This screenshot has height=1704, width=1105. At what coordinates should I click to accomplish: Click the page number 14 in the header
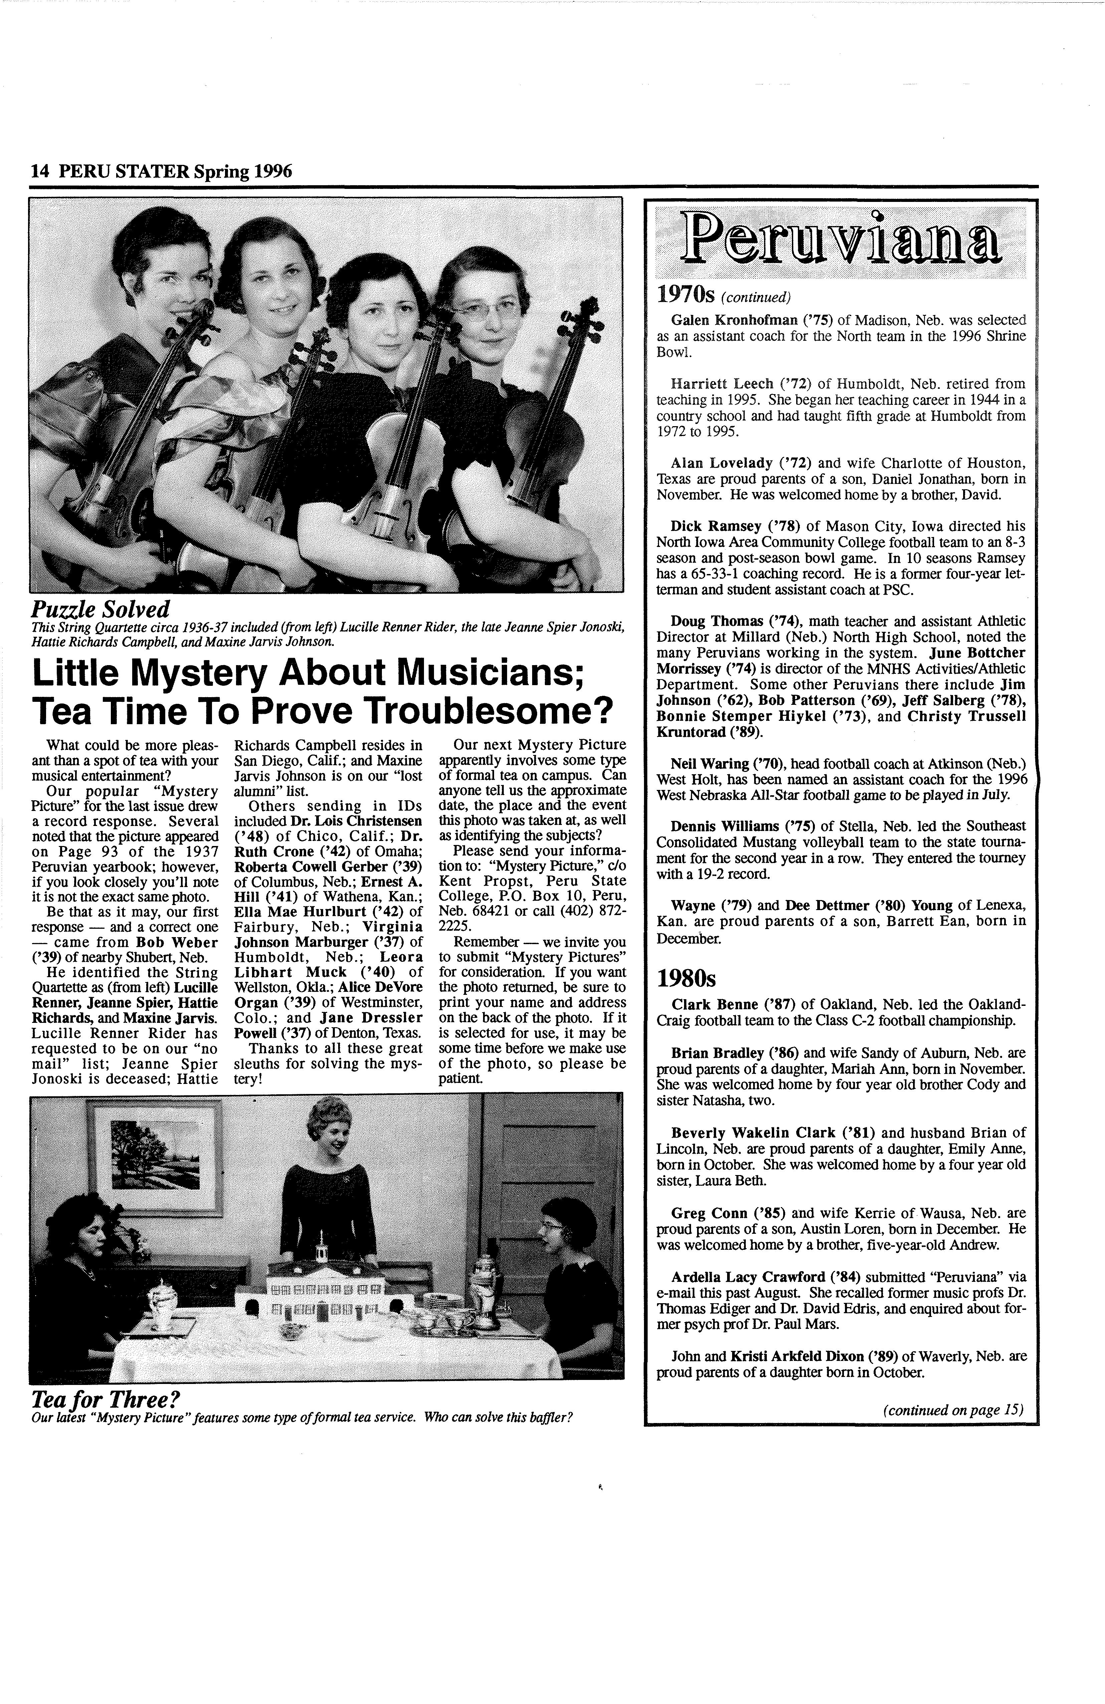pyautogui.click(x=39, y=172)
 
